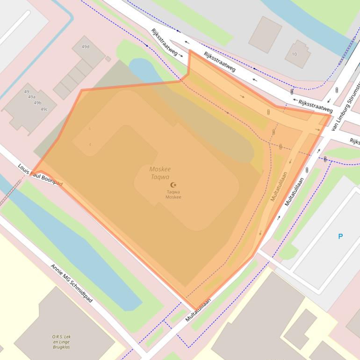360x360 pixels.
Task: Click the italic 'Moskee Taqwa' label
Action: (x=160, y=173)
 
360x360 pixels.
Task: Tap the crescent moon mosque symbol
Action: (x=174, y=185)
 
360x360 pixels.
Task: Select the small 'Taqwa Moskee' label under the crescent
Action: (x=173, y=194)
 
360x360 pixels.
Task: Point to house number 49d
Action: (x=86, y=47)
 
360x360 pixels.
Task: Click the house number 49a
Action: (x=32, y=97)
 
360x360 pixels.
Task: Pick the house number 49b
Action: (x=37, y=103)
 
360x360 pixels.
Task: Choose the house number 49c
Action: (x=43, y=109)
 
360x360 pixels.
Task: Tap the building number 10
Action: (x=294, y=54)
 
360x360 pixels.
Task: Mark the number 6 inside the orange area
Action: (x=90, y=129)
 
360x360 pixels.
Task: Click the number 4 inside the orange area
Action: (x=90, y=144)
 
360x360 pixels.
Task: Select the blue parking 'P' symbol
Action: (x=340, y=237)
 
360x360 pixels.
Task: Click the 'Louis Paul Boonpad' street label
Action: (x=40, y=175)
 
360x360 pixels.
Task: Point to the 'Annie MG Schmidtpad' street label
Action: (x=72, y=283)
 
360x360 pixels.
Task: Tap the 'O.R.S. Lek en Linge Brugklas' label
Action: (x=62, y=342)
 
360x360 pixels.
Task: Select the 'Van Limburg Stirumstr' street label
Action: (x=346, y=107)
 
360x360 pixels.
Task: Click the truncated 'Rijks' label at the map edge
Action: (x=354, y=141)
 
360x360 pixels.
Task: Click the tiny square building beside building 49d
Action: (x=108, y=59)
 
